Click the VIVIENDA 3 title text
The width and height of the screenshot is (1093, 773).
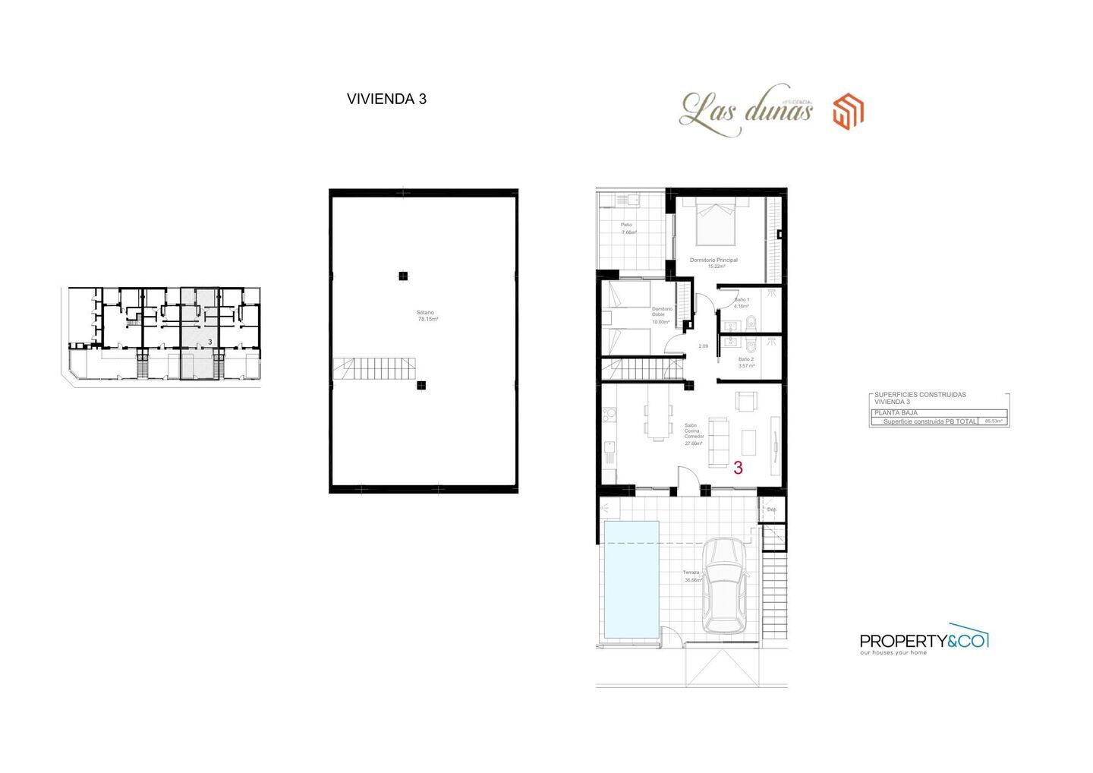386,99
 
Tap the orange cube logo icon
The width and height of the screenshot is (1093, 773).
848,112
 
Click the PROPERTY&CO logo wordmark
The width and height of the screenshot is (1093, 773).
923,642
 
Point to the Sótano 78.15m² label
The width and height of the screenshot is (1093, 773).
427,316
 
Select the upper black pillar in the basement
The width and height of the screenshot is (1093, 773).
403,276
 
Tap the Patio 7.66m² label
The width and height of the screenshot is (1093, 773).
628,229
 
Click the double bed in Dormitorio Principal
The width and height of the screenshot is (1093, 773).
716,221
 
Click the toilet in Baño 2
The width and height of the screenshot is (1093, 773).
749,344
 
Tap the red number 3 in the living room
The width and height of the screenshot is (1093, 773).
738,469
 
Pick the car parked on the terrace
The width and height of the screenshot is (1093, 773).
723,585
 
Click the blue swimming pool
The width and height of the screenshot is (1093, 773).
629,579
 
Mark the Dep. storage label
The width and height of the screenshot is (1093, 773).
772,510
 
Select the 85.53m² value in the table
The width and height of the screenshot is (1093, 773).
993,421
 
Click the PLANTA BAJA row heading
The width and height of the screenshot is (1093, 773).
896,412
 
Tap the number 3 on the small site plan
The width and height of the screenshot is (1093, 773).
209,342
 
